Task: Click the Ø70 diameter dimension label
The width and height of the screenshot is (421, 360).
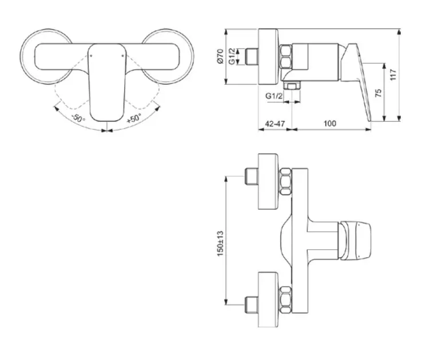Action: point(220,56)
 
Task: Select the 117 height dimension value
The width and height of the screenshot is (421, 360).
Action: point(393,75)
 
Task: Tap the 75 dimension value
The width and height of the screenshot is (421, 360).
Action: point(378,93)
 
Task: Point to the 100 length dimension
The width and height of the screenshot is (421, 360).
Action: point(329,123)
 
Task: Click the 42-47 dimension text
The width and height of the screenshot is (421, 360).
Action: point(275,123)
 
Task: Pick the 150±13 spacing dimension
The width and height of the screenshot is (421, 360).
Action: point(220,243)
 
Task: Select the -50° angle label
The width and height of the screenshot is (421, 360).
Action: point(78,118)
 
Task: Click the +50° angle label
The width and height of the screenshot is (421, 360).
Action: point(134,118)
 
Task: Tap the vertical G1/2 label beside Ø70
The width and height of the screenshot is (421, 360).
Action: point(232,56)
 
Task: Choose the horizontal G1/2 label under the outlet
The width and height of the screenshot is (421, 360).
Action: point(274,96)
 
